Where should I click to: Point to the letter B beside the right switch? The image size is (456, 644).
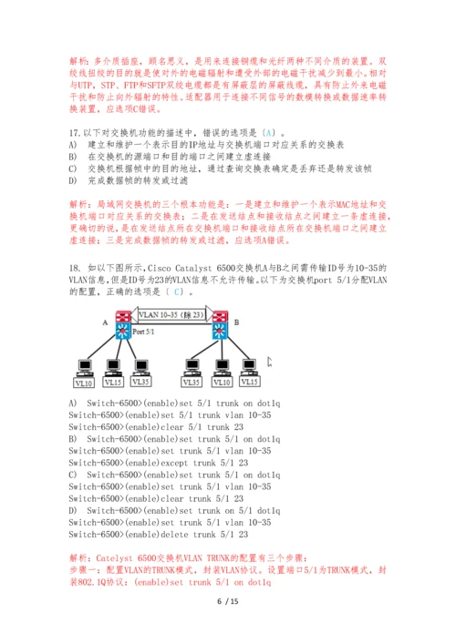(235, 322)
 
